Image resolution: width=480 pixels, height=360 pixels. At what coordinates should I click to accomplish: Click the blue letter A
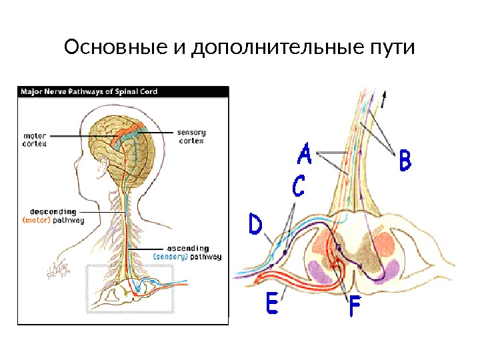tap(304, 155)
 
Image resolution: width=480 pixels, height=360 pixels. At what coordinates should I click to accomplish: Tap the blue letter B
tap(404, 161)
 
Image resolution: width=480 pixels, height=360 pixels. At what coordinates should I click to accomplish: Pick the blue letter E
tap(273, 305)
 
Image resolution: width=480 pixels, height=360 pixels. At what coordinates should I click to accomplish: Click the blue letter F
tap(357, 309)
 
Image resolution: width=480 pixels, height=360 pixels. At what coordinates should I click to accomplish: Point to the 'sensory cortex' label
tap(191, 136)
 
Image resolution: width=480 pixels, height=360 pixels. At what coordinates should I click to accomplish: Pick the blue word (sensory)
tap(170, 256)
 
